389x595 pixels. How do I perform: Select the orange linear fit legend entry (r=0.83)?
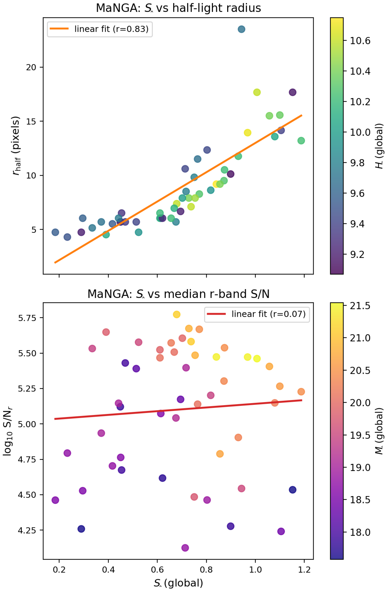(100, 29)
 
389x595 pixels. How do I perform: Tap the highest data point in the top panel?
(241, 29)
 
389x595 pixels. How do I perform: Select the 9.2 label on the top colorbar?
(357, 255)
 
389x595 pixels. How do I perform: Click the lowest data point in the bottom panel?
(185, 548)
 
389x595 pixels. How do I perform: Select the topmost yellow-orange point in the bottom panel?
(177, 315)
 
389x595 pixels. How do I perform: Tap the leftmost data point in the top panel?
(55, 232)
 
